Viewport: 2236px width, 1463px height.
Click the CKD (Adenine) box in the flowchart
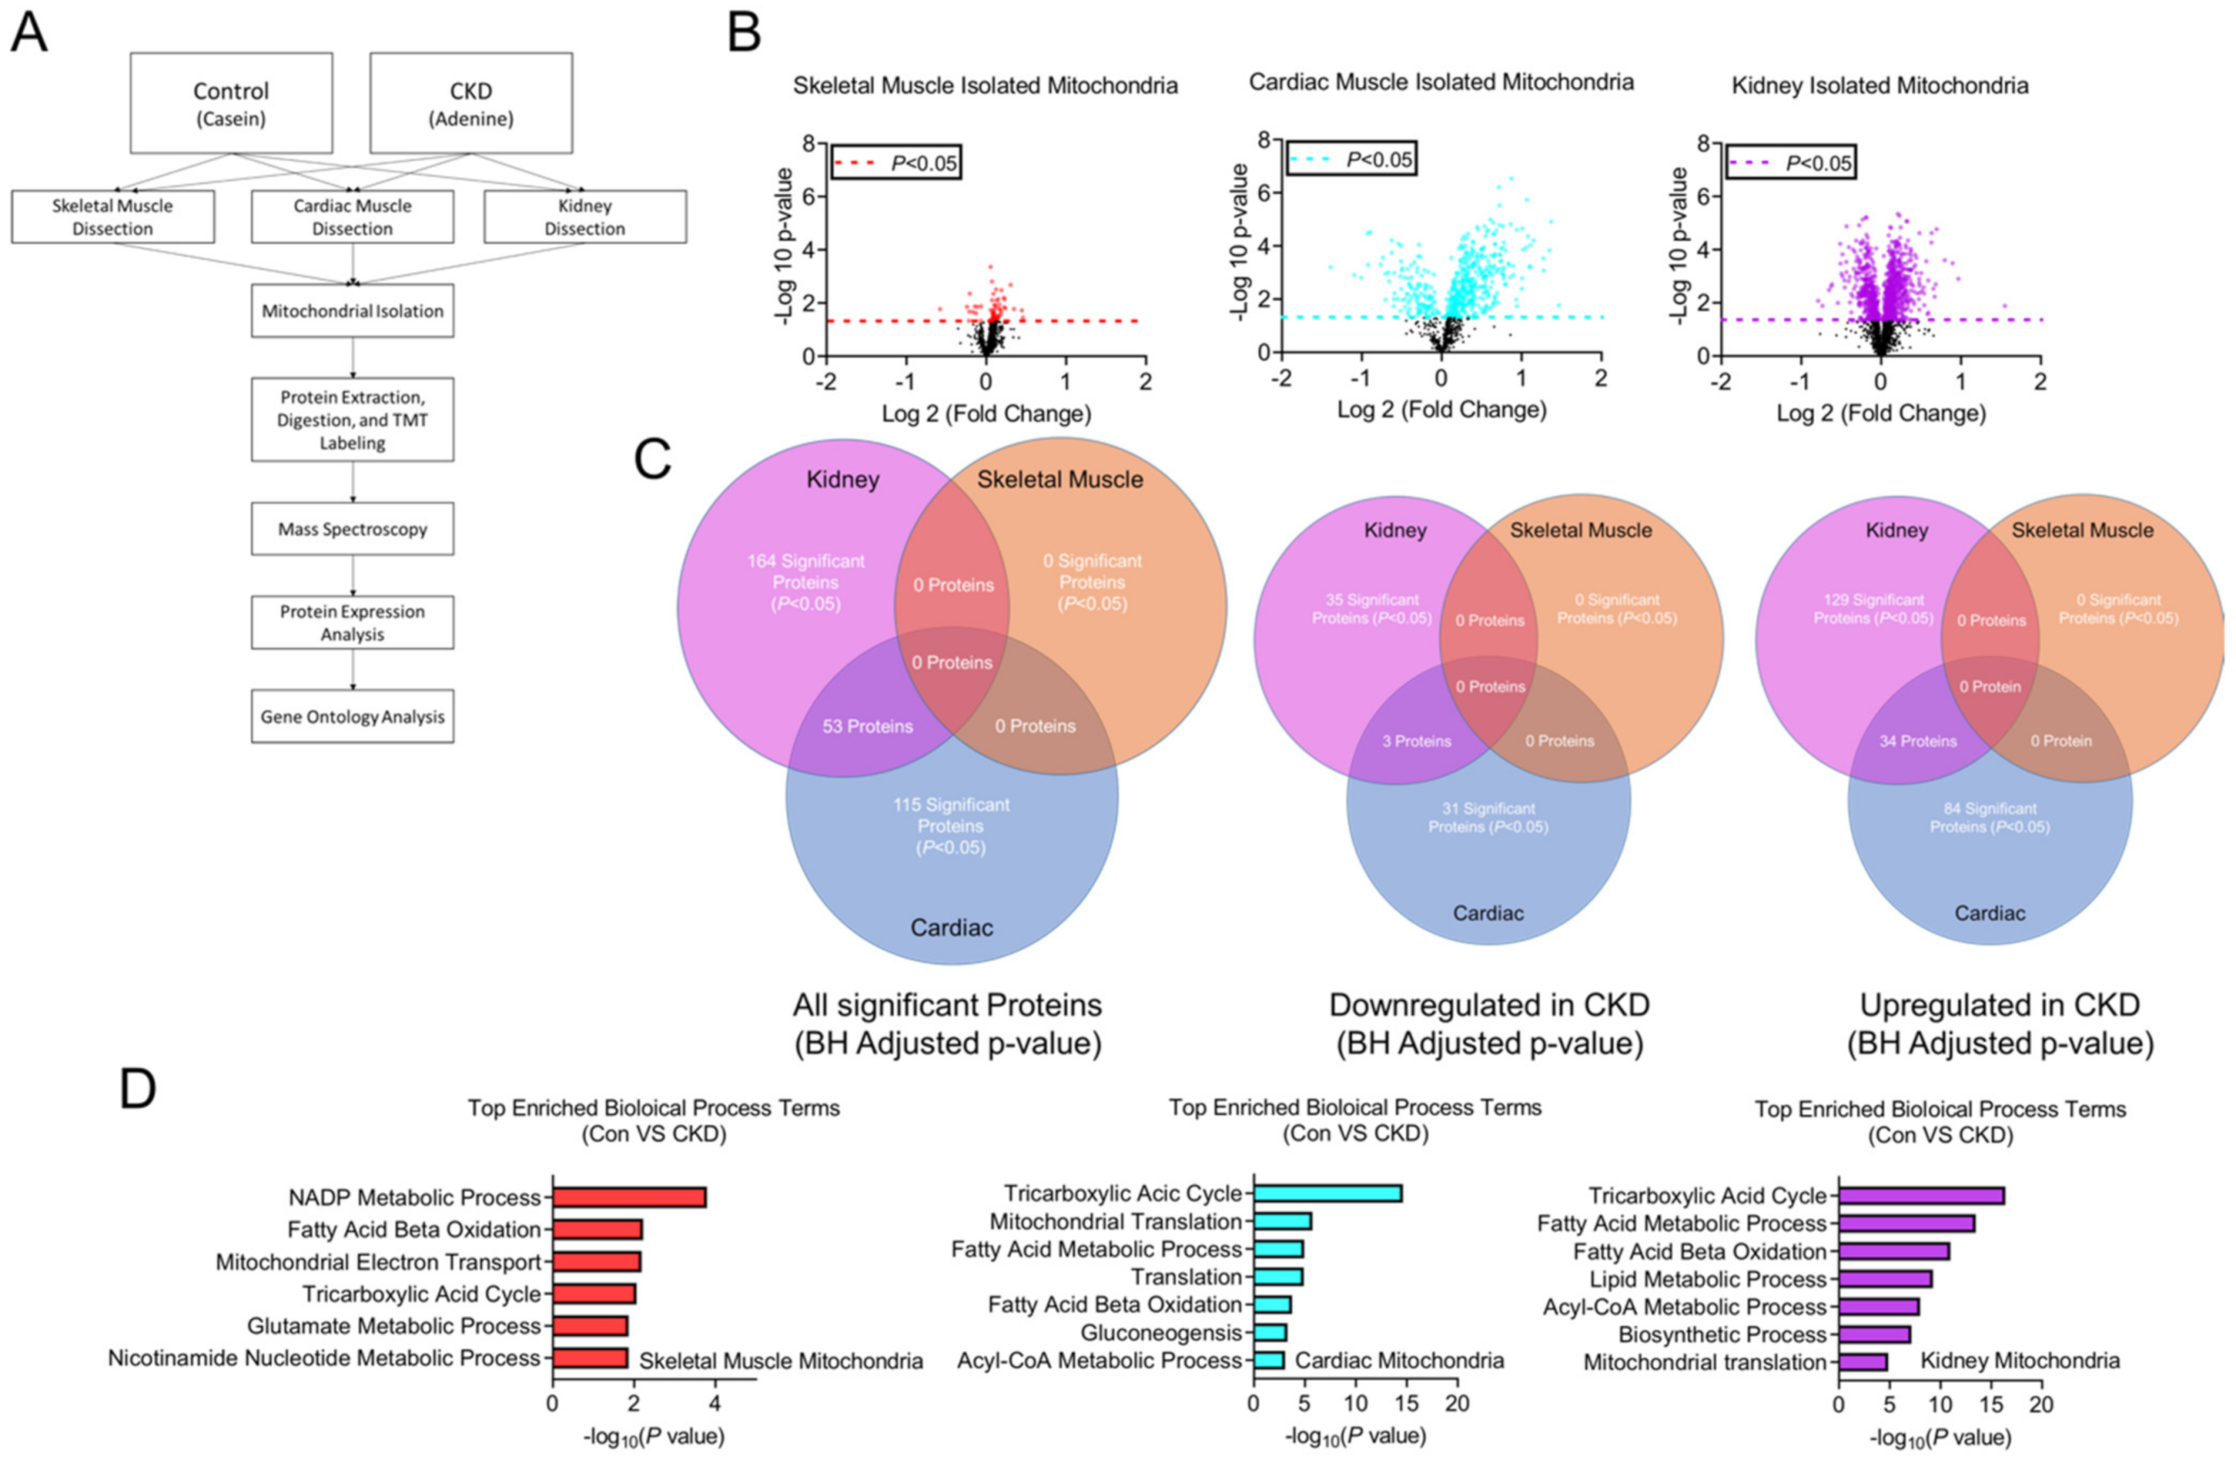pos(471,104)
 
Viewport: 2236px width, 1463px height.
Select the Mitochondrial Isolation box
pos(352,311)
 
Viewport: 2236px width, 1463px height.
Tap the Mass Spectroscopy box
pos(352,529)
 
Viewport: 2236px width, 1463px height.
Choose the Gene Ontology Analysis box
pos(352,717)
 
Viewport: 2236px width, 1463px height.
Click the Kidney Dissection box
pos(585,217)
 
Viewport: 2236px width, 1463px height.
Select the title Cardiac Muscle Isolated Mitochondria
pos(1440,83)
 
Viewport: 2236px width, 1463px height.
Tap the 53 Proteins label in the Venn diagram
pos(867,726)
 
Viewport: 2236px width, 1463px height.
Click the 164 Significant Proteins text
pos(806,581)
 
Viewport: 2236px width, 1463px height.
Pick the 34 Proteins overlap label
pos(1917,741)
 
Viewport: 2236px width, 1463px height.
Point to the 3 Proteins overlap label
pos(1416,741)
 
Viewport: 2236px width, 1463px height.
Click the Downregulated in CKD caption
pos(1489,1005)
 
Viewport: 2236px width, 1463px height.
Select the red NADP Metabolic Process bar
pos(628,1197)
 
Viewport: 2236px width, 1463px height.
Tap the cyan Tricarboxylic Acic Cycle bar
pos(1327,1194)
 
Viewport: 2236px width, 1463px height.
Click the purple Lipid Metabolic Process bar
pos(1885,1279)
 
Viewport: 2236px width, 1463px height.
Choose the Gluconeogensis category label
pos(1160,1333)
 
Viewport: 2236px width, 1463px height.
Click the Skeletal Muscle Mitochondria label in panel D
pos(780,1361)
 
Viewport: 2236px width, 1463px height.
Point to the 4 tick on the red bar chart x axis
pos(715,1404)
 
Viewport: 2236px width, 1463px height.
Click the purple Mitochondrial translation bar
pos(1862,1362)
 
